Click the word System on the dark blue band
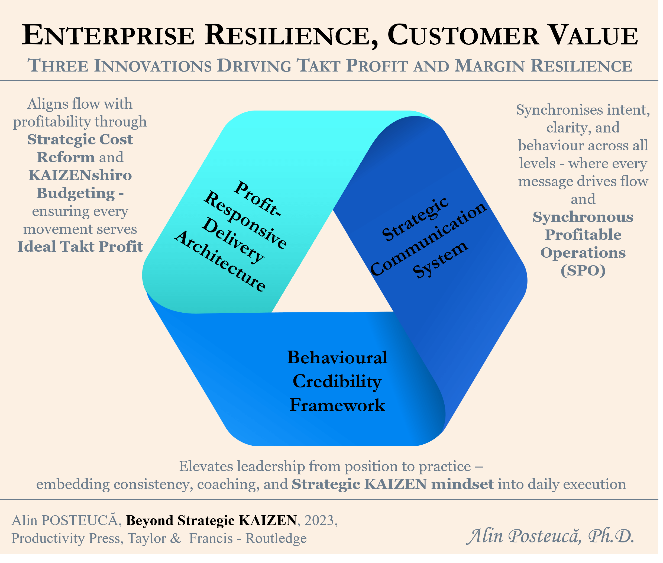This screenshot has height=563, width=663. pyautogui.click(x=441, y=259)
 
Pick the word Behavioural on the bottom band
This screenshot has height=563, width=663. pyautogui.click(x=337, y=357)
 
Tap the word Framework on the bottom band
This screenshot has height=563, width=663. pyautogui.click(x=337, y=405)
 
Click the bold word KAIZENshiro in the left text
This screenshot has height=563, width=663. pyautogui.click(x=80, y=175)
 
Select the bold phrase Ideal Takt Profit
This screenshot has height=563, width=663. pyautogui.click(x=80, y=247)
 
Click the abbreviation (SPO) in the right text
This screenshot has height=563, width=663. pyautogui.click(x=583, y=271)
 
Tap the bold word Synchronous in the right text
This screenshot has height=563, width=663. pyautogui.click(x=583, y=217)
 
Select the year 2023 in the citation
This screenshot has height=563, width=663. pyautogui.click(x=319, y=520)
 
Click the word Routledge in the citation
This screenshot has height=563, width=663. pyautogui.click(x=276, y=538)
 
